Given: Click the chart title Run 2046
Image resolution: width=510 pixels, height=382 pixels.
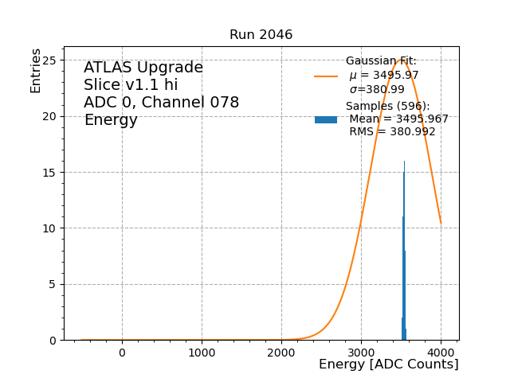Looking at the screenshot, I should click(261, 35).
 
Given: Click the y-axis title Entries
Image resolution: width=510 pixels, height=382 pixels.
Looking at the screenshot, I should click(36, 71).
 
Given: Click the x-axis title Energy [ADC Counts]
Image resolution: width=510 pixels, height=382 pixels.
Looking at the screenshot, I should click(388, 364).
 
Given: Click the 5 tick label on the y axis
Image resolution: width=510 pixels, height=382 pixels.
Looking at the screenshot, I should click(52, 284).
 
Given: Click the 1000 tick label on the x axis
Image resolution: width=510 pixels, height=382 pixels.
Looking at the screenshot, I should click(202, 353).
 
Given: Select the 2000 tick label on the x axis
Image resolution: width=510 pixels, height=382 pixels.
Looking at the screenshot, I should click(281, 353).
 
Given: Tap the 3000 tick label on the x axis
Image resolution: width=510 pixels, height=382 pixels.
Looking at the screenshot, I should click(361, 353).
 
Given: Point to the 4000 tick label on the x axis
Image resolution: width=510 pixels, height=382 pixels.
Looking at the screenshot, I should click(441, 353).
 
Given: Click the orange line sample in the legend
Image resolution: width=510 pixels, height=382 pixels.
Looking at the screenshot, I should click(326, 76).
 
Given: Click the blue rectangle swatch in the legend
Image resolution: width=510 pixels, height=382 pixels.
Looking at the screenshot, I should click(326, 119).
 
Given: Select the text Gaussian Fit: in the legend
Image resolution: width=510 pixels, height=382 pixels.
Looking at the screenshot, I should click(381, 61).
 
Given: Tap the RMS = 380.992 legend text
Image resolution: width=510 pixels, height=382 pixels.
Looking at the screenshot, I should click(392, 132).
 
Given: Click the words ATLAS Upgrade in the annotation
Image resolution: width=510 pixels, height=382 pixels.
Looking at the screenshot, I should click(143, 68).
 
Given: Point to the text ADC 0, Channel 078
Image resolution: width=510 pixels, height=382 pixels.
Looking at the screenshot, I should click(161, 103).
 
